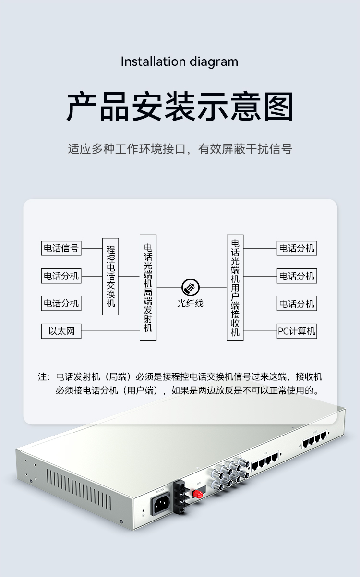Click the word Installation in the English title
[153, 62]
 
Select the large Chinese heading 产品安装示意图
[180, 107]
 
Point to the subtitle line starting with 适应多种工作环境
[180, 149]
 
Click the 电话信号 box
[61, 248]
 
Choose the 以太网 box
[61, 331]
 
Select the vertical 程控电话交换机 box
[110, 277]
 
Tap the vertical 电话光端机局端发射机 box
[148, 288]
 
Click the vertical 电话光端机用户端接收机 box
[235, 288]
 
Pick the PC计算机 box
[297, 331]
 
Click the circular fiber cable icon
[191, 288]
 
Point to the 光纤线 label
[191, 303]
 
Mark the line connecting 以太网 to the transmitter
[110, 331]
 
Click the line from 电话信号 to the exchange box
[92, 248]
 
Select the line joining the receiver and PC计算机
[260, 331]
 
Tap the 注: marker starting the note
[44, 377]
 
